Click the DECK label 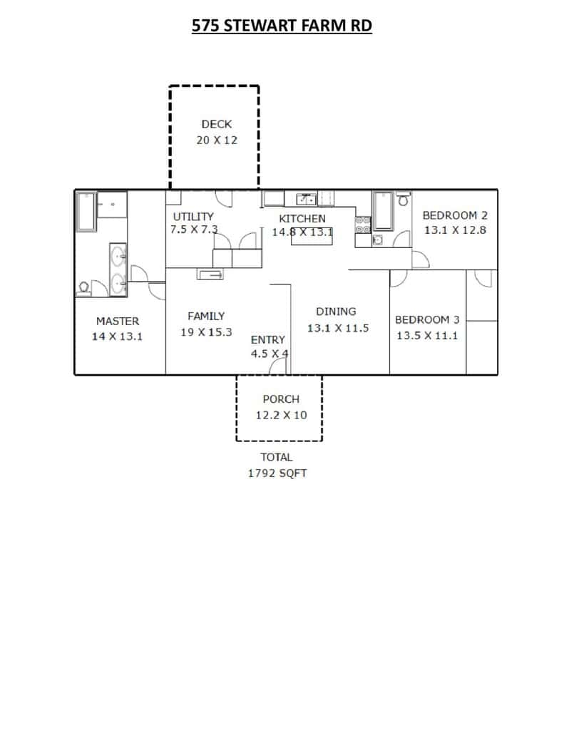click(x=217, y=124)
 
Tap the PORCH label click(x=281, y=399)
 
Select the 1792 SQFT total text click(x=277, y=473)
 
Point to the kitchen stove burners click(x=363, y=225)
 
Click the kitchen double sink click(x=307, y=200)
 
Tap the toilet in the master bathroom click(x=84, y=288)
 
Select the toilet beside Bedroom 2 click(x=404, y=200)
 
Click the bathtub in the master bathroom click(x=86, y=211)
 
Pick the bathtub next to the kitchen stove click(x=384, y=211)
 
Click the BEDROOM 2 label click(x=455, y=215)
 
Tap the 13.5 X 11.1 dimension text click(x=427, y=336)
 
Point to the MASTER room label click(x=118, y=322)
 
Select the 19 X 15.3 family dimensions click(x=206, y=332)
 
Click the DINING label click(x=336, y=312)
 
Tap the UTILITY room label click(x=193, y=217)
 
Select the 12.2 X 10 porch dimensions click(x=282, y=416)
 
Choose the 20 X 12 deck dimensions click(x=217, y=140)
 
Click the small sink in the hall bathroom click(x=378, y=240)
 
